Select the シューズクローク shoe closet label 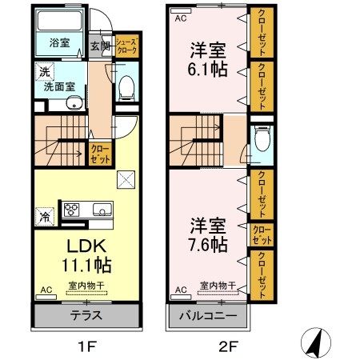[126, 46]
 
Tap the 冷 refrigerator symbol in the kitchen [45, 214]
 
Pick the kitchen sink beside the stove [102, 211]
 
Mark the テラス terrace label [86, 314]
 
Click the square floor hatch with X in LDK [126, 179]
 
